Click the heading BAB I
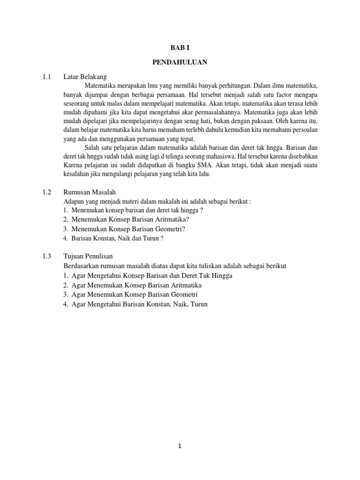[x=180, y=47]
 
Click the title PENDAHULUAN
[x=180, y=61]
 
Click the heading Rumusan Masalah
[x=89, y=192]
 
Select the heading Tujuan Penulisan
[x=88, y=256]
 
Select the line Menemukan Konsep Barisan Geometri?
[x=128, y=229]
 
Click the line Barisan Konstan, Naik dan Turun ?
[x=117, y=238]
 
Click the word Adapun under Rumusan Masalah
[x=74, y=201]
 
